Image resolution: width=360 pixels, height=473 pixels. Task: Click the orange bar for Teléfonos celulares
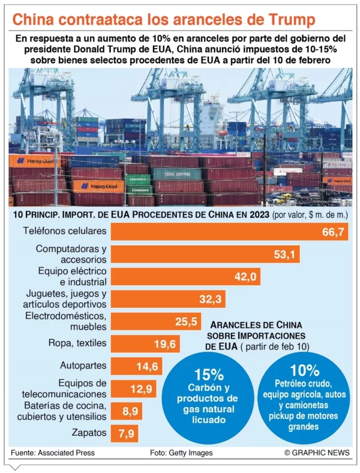coord(228,232)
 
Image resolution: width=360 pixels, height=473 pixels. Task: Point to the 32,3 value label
coord(211,299)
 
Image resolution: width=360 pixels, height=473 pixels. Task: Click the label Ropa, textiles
coord(77,343)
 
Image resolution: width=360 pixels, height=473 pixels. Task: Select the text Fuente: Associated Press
coord(52,453)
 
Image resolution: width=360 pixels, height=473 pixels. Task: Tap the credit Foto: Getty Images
coord(181,453)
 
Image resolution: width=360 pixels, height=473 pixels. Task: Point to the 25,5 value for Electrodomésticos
coord(187,321)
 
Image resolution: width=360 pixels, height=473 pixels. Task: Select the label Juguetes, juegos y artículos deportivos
coord(66,299)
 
